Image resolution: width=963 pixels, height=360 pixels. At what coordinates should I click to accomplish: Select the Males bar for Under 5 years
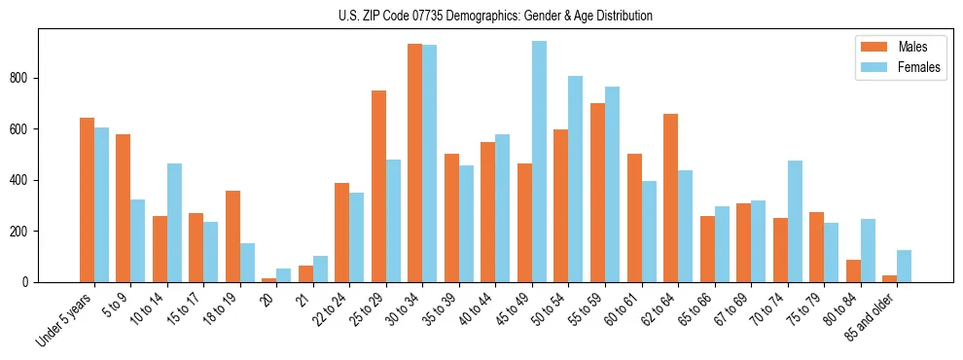[x=87, y=199]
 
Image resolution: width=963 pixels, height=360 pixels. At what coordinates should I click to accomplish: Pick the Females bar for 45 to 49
[x=539, y=162]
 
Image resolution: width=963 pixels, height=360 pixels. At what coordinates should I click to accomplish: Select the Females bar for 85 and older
[x=904, y=266]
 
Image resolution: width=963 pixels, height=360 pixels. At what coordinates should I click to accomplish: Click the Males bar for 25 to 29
[x=378, y=186]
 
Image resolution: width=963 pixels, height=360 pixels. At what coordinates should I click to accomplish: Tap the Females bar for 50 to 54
[x=576, y=179]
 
